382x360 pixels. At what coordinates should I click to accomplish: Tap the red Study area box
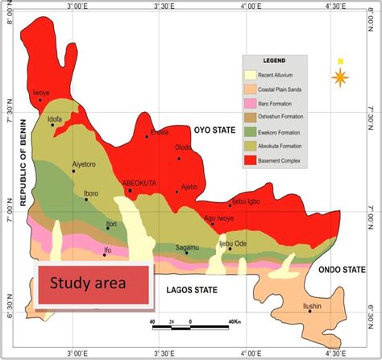pos(93,283)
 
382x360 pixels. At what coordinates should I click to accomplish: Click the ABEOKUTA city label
pos(139,184)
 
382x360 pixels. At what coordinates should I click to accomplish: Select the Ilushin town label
pos(312,306)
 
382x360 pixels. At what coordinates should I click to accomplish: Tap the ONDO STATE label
pos(338,270)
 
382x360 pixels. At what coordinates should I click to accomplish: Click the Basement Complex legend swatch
pos(251,160)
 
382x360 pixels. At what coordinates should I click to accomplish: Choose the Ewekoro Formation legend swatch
pos(251,131)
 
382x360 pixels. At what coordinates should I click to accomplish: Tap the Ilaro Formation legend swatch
pos(251,103)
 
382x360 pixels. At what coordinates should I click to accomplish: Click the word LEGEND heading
pos(274,62)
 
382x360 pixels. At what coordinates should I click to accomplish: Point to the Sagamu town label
pos(187,246)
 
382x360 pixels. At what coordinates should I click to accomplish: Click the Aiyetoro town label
pos(84,164)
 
